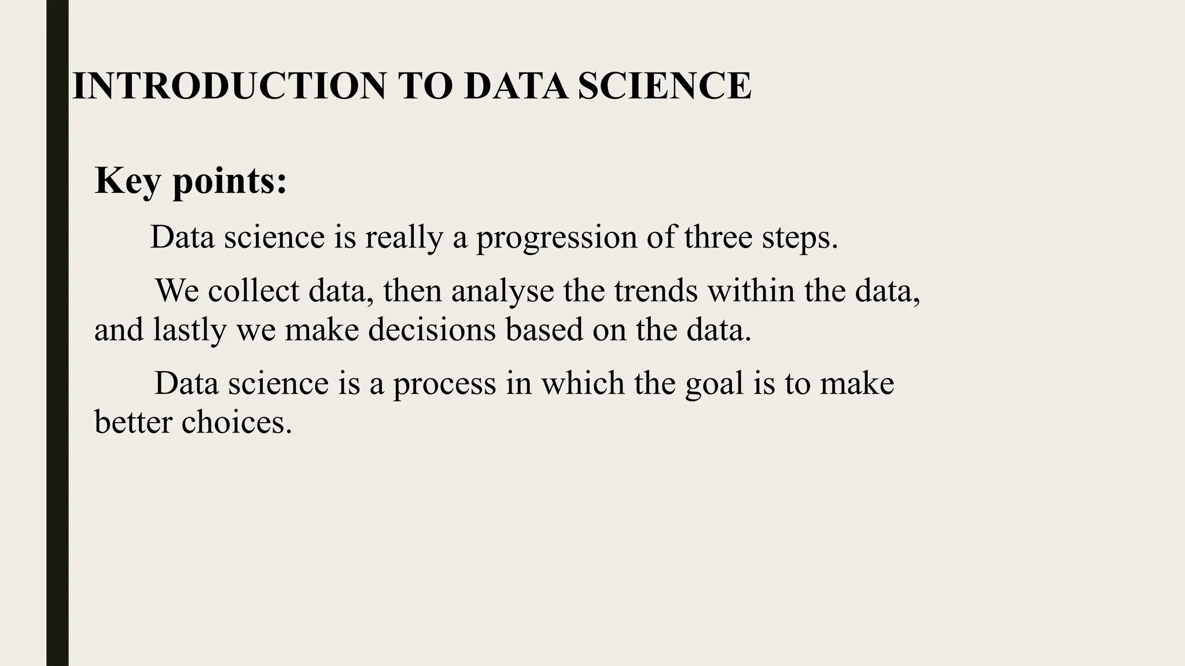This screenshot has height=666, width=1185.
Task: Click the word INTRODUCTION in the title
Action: coord(229,86)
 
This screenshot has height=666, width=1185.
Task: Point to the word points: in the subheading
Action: coord(230,182)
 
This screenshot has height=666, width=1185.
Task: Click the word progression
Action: coord(556,238)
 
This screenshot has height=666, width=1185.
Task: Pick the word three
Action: coord(717,237)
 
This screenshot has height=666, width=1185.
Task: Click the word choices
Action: coord(237,422)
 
